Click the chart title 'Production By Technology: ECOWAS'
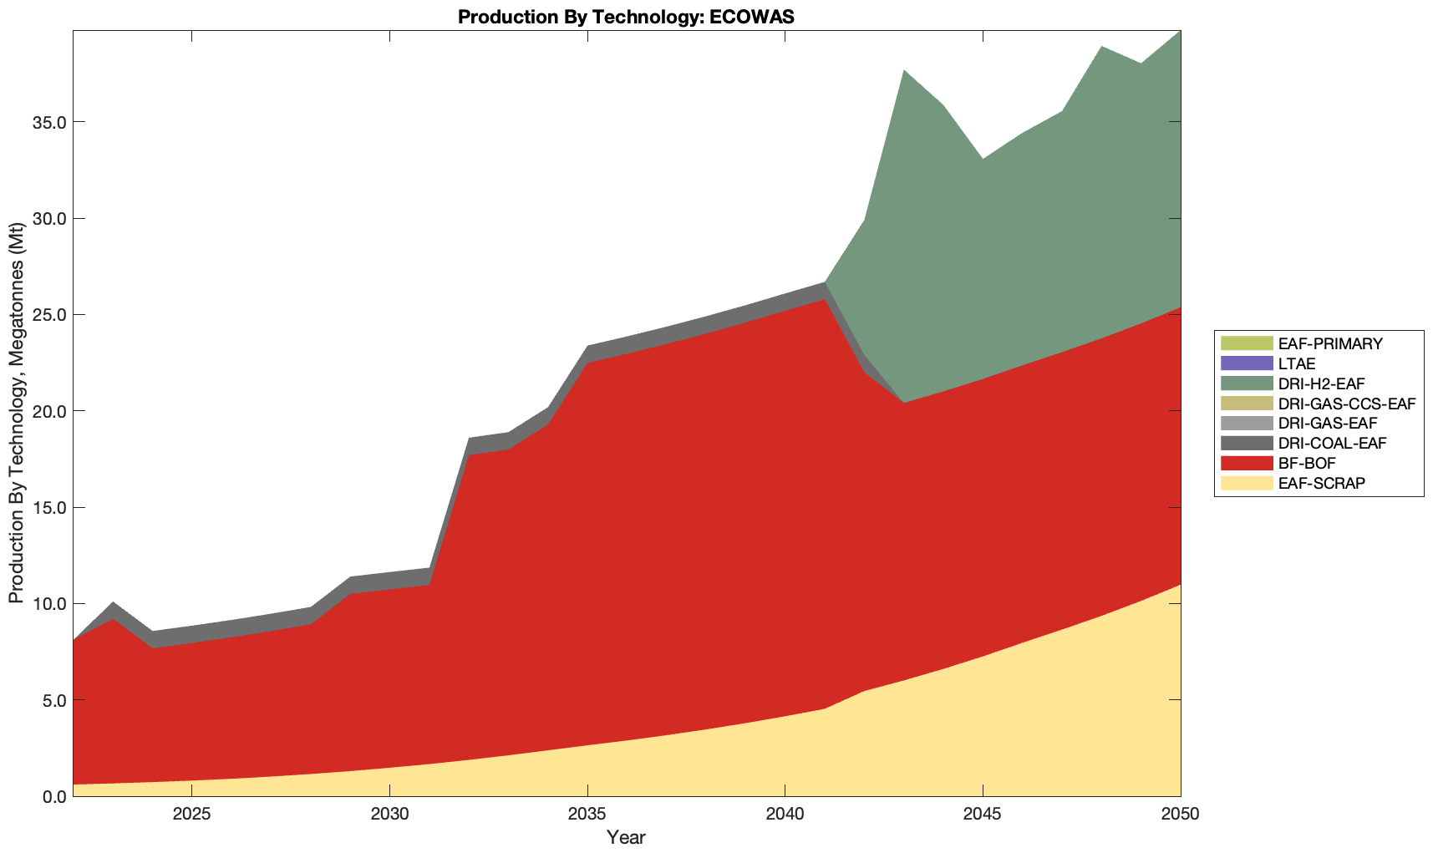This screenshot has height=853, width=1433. pos(626,17)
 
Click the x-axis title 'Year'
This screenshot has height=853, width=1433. pos(626,837)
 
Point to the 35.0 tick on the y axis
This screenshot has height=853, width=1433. pos(48,123)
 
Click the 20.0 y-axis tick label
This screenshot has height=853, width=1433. pos(48,411)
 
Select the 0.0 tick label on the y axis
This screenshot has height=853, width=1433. pos(53,796)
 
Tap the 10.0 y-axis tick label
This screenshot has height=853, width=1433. pos(48,604)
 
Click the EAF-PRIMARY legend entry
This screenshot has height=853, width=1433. pos(1330,343)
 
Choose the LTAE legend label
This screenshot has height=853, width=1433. pos(1297,363)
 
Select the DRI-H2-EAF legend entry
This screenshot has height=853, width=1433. pos(1321,383)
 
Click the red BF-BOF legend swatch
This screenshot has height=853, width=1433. pos(1246,463)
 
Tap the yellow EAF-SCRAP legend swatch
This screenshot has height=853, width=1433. pos(1246,483)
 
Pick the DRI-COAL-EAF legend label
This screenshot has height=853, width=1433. pos(1332,443)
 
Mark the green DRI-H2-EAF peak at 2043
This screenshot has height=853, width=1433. pos(904,72)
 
